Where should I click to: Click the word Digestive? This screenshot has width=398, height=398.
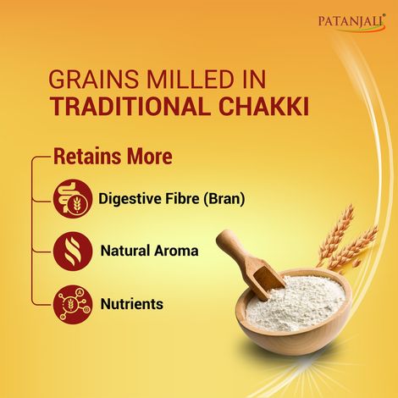pyautogui.click(x=130, y=200)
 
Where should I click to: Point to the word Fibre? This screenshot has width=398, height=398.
pyautogui.click(x=180, y=200)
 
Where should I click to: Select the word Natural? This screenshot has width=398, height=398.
pyautogui.click(x=124, y=252)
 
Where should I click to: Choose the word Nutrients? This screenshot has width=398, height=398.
pyautogui.click(x=131, y=303)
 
